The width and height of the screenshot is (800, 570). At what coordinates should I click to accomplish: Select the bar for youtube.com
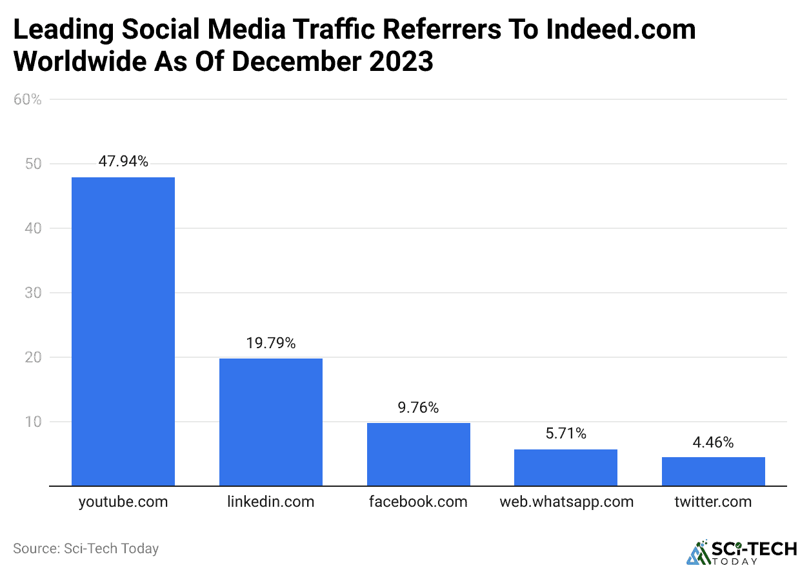tap(123, 331)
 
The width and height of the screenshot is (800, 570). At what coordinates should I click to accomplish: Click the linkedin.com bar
tap(270, 422)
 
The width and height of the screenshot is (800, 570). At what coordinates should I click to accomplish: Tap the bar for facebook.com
tap(418, 455)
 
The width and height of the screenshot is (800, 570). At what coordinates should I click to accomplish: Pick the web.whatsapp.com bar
tap(566, 467)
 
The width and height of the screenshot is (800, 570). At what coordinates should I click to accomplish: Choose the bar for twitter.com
tap(713, 471)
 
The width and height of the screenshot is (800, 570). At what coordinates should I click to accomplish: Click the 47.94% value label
tap(123, 162)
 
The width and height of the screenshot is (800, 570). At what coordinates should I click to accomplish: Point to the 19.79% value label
tap(270, 344)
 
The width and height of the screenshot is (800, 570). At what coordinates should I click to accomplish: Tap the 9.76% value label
tap(418, 408)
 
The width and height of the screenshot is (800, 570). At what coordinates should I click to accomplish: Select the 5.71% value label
tap(566, 434)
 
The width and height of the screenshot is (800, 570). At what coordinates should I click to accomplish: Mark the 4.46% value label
tap(713, 442)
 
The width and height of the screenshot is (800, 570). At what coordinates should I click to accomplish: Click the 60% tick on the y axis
tap(27, 99)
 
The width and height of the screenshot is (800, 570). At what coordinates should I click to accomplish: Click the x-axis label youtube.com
tap(123, 502)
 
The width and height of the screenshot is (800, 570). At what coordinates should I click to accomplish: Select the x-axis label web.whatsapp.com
tap(566, 502)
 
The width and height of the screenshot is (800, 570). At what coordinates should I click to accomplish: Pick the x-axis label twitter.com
tap(713, 502)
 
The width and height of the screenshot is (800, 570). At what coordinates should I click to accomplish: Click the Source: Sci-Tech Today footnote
tap(86, 549)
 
